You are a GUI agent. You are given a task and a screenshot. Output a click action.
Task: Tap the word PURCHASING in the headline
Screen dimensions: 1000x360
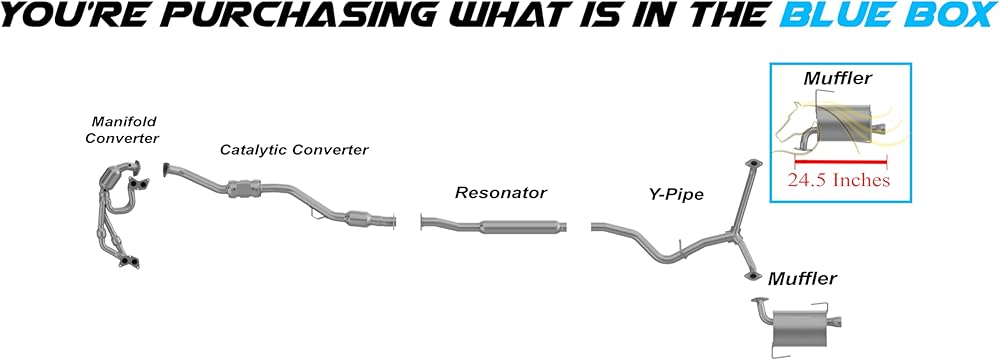(267, 14)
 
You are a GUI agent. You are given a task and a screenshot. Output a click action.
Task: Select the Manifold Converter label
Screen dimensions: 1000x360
(122, 130)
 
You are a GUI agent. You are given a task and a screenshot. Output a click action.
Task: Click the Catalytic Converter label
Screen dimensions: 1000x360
(295, 149)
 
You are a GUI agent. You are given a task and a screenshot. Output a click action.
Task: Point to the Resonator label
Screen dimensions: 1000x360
(501, 192)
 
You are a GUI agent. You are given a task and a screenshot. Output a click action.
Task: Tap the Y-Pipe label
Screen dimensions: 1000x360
(672, 194)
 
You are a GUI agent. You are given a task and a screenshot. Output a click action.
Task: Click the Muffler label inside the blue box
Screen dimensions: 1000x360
(837, 79)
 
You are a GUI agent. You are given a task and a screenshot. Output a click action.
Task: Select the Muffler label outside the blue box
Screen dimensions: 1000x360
(802, 278)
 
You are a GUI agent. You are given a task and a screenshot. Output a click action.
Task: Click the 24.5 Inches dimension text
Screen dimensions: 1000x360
(838, 180)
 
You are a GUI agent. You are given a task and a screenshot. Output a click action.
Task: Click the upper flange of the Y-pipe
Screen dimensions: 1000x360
(753, 164)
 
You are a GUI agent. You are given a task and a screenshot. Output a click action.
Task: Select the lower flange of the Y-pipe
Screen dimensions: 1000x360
(752, 275)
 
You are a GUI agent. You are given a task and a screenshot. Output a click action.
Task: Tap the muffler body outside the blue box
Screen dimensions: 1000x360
(804, 328)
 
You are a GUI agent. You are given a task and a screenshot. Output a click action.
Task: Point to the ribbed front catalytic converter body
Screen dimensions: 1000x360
(244, 189)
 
